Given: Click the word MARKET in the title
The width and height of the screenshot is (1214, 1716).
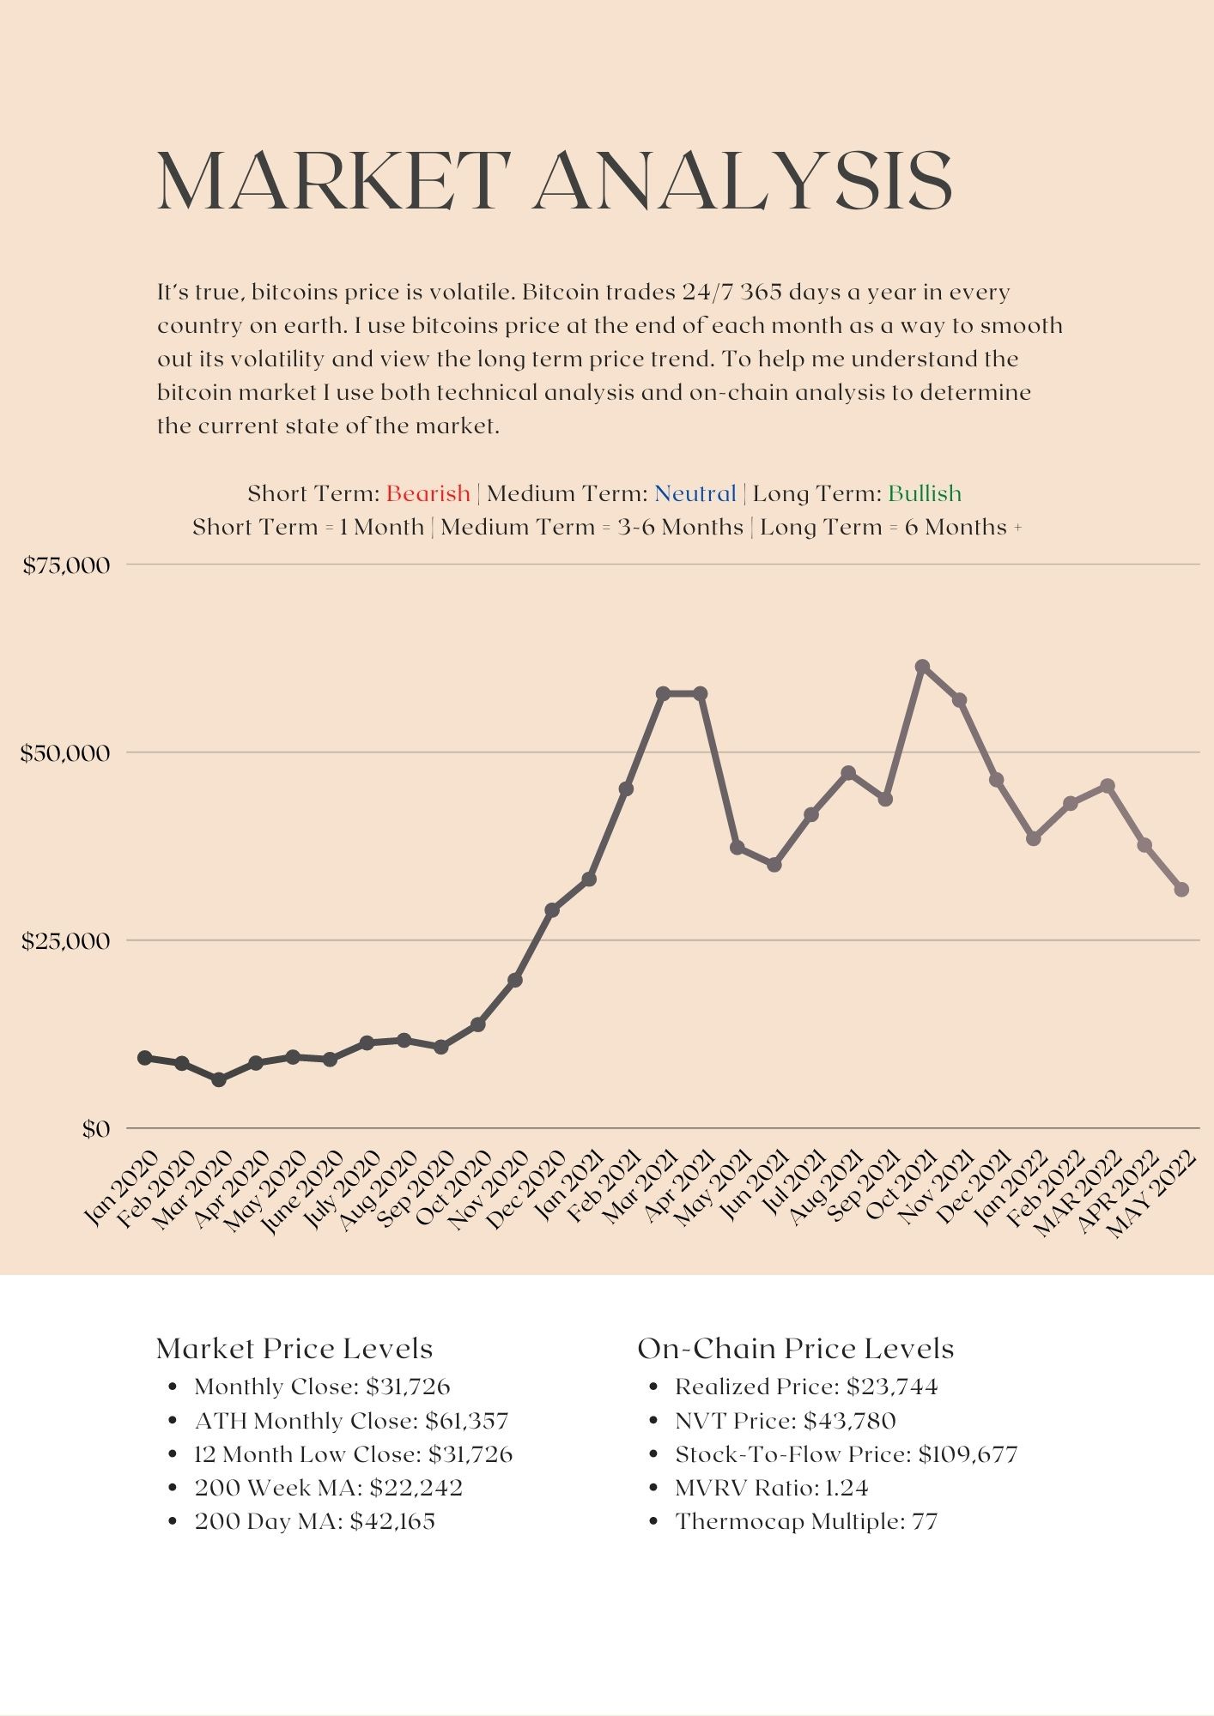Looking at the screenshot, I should (x=333, y=181).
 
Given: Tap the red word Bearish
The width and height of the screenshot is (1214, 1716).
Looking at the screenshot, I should (x=428, y=493).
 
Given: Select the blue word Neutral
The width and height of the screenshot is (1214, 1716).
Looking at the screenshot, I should (x=695, y=493).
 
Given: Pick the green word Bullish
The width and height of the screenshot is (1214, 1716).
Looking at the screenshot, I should (x=924, y=493).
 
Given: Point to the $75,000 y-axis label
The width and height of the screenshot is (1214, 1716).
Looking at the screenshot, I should (x=67, y=565).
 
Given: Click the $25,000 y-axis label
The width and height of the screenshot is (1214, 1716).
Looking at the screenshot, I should (x=67, y=941).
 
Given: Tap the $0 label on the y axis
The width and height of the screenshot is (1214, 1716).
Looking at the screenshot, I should (x=96, y=1129).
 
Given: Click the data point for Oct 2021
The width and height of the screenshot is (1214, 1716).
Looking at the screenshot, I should (x=923, y=667).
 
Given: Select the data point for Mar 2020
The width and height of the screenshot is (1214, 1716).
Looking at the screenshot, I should (x=219, y=1079).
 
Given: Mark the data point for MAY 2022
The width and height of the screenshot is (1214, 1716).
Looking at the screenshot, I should (x=1181, y=890).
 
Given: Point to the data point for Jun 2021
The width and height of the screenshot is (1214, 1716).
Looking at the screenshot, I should (x=774, y=865).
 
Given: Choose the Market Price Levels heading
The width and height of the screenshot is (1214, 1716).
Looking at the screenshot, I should (x=294, y=1349).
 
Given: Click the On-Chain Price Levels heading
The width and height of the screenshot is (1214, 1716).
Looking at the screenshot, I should (x=795, y=1349).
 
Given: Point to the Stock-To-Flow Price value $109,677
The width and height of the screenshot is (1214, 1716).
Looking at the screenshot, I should (x=968, y=1454).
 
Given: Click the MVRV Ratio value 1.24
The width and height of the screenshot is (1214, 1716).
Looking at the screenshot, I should (x=847, y=1488).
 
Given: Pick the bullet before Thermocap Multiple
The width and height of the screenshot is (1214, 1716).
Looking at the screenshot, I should (x=654, y=1521).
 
